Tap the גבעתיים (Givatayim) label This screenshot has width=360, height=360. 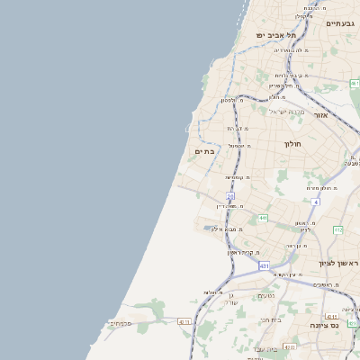340,23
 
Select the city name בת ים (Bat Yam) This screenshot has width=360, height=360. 204,151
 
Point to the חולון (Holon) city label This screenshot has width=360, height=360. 292,143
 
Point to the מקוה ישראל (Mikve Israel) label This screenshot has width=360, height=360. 288,112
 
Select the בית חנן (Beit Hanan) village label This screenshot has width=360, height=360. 270,319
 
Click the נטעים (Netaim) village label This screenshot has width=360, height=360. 266,295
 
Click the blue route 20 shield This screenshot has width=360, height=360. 230,196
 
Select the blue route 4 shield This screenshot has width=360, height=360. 316,202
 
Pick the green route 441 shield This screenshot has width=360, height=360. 261,217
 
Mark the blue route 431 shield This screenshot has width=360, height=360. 264,266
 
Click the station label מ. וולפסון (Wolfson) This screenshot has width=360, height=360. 235,100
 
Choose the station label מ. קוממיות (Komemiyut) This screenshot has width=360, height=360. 238,177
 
